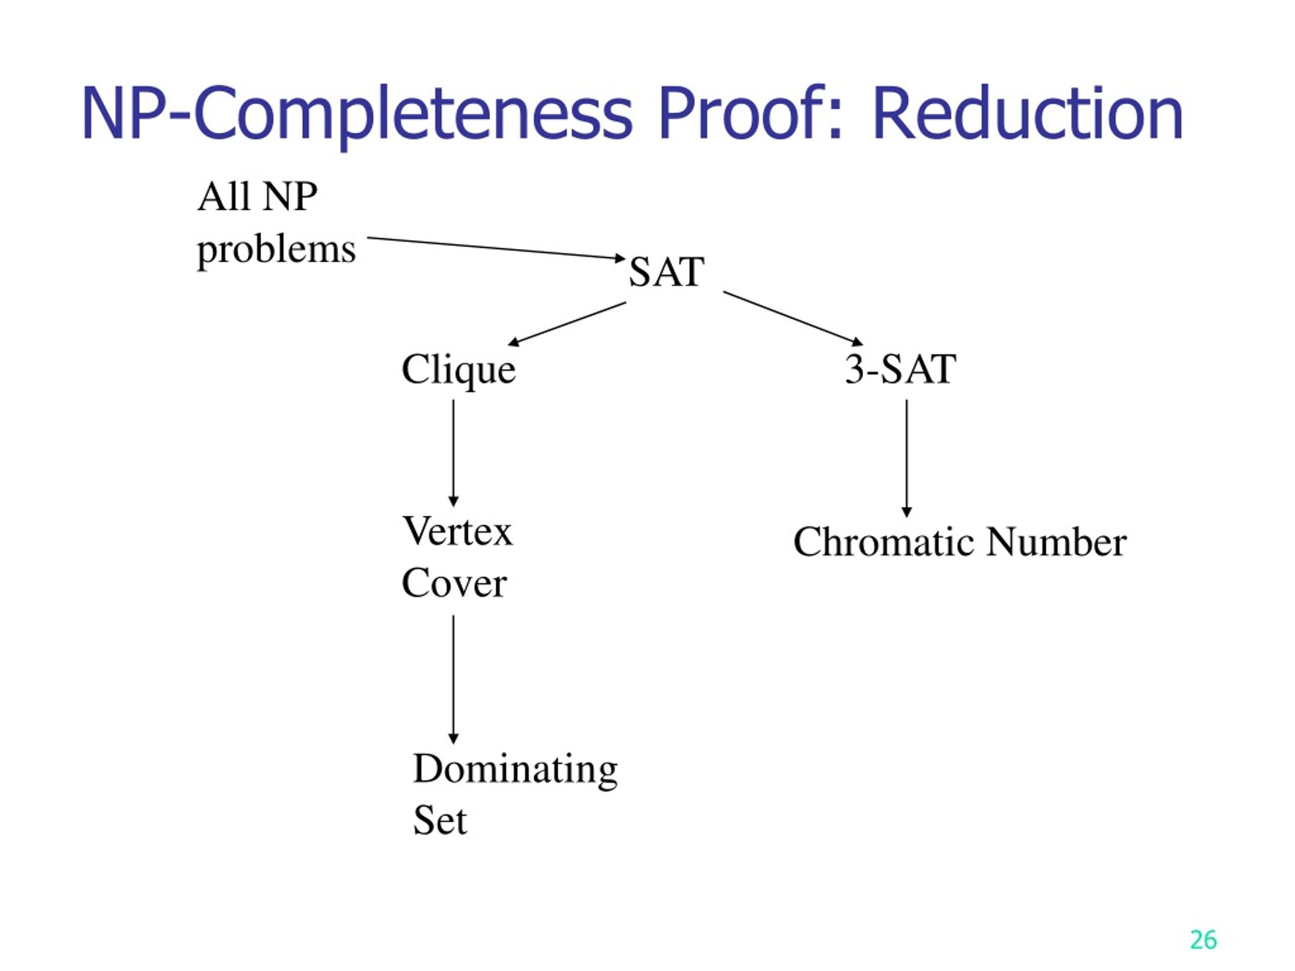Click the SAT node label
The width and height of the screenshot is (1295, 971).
[666, 272]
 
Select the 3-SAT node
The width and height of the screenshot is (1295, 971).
[900, 369]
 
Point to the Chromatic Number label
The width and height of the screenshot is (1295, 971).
[960, 542]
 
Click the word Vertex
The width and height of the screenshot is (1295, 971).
[457, 532]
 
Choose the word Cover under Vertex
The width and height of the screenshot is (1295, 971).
[454, 583]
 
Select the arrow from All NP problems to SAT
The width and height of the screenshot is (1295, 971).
[496, 248]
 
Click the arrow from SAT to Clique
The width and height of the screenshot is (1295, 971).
[567, 324]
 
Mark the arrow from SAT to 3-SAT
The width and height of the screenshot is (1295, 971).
[793, 318]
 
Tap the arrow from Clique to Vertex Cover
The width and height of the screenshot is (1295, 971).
[453, 453]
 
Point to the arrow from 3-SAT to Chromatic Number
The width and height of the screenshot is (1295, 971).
[907, 458]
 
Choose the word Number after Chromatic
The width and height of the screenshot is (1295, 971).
[1056, 542]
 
